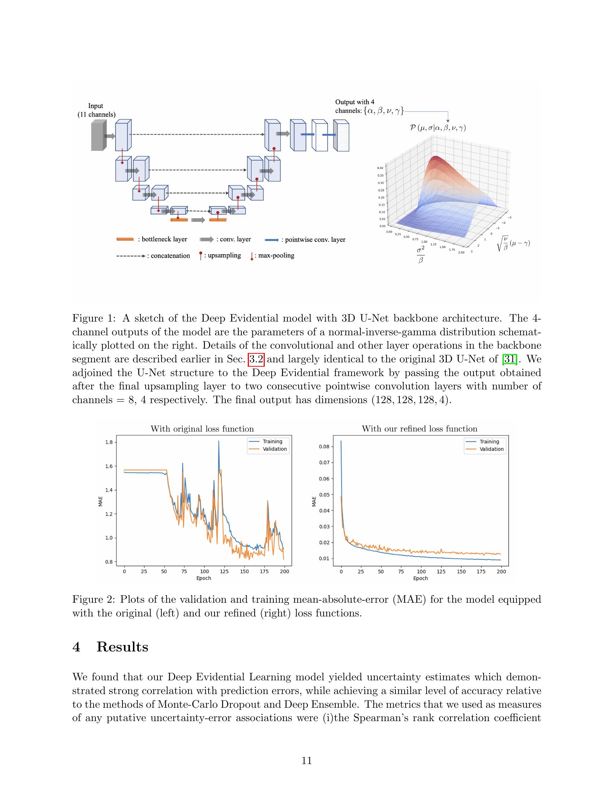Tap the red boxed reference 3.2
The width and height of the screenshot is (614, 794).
click(256, 359)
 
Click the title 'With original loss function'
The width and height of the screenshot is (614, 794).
click(202, 429)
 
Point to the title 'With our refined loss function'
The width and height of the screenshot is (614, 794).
click(419, 429)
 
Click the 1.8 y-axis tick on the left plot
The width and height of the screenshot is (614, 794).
click(109, 442)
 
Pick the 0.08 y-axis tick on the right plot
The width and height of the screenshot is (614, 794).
click(324, 447)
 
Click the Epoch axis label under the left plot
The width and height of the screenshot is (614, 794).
click(204, 579)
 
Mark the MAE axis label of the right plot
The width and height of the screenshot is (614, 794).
click(314, 502)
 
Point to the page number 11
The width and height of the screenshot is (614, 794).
click(307, 761)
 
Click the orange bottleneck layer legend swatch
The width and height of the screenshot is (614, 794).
click(125, 240)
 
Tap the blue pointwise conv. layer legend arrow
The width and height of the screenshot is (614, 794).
click(272, 240)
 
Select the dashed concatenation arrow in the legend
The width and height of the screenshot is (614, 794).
click(131, 256)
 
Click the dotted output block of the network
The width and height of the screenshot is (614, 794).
click(341, 136)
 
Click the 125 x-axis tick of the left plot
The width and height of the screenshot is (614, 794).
click(224, 572)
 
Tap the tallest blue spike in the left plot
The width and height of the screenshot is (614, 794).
click(219, 442)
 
